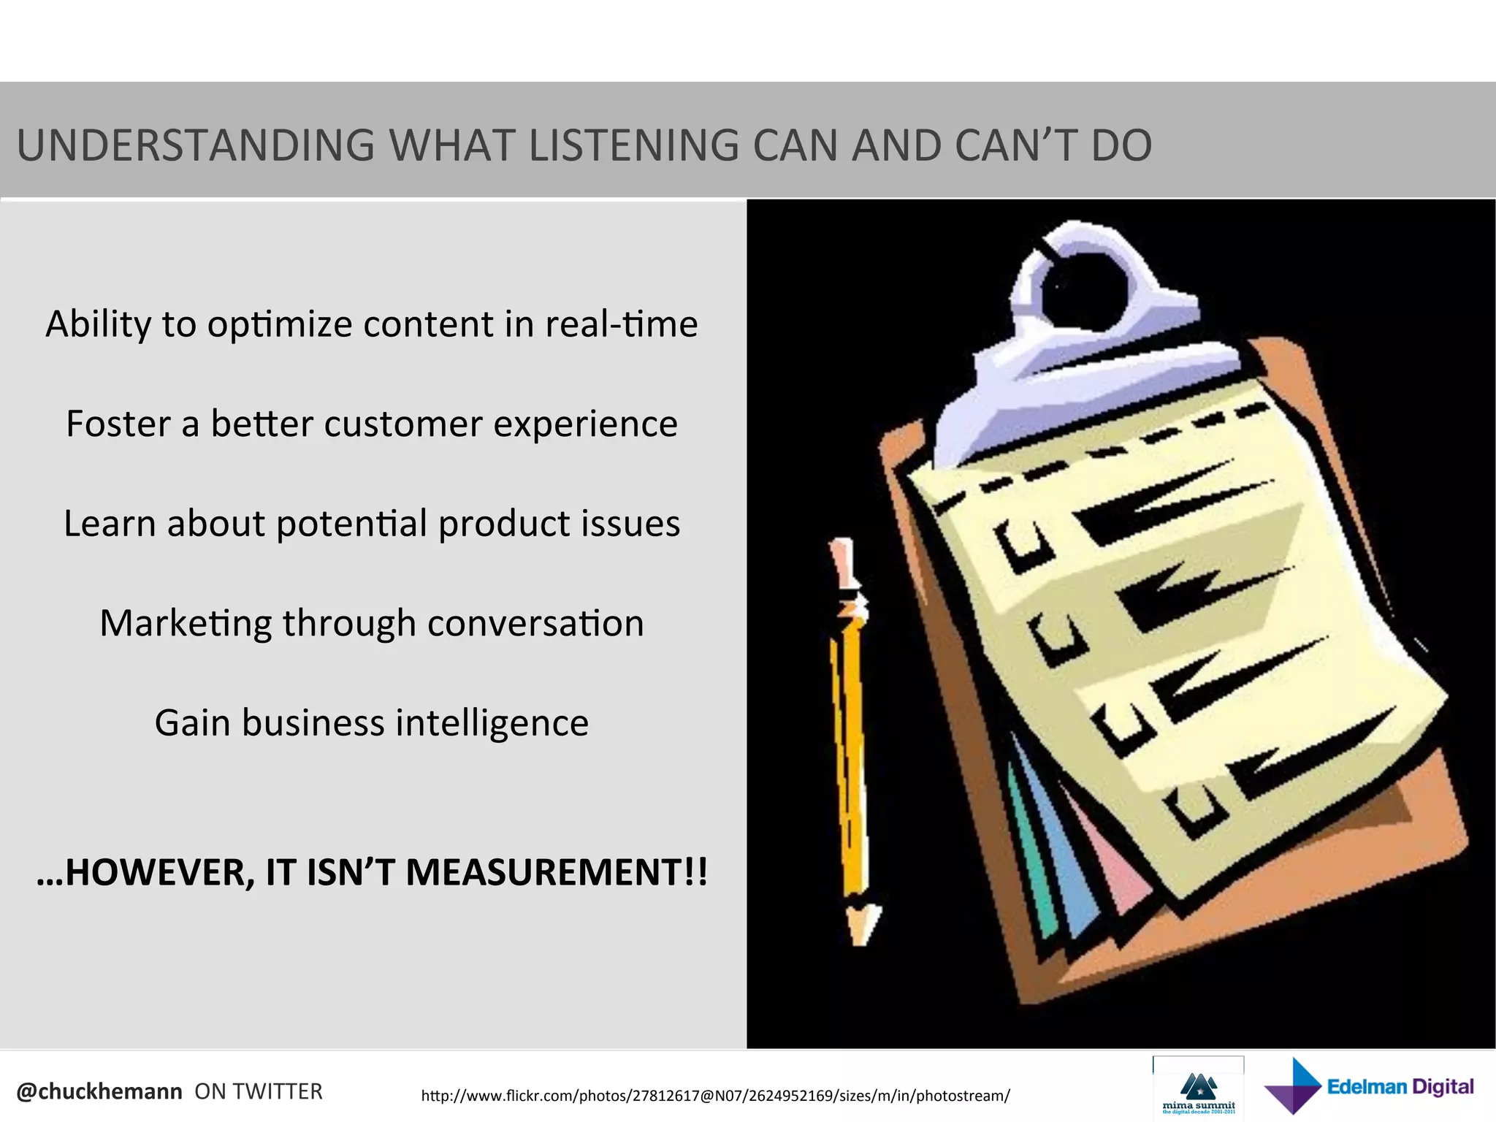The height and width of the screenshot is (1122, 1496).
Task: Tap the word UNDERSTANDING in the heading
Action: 195,145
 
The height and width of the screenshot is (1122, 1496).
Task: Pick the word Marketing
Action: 186,623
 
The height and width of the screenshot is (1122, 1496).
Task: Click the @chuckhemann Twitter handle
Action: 99,1091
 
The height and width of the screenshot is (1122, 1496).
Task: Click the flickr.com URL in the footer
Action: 715,1096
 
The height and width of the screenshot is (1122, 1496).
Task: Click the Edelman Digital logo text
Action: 1400,1087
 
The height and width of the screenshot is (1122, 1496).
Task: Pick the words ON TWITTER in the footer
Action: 259,1091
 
